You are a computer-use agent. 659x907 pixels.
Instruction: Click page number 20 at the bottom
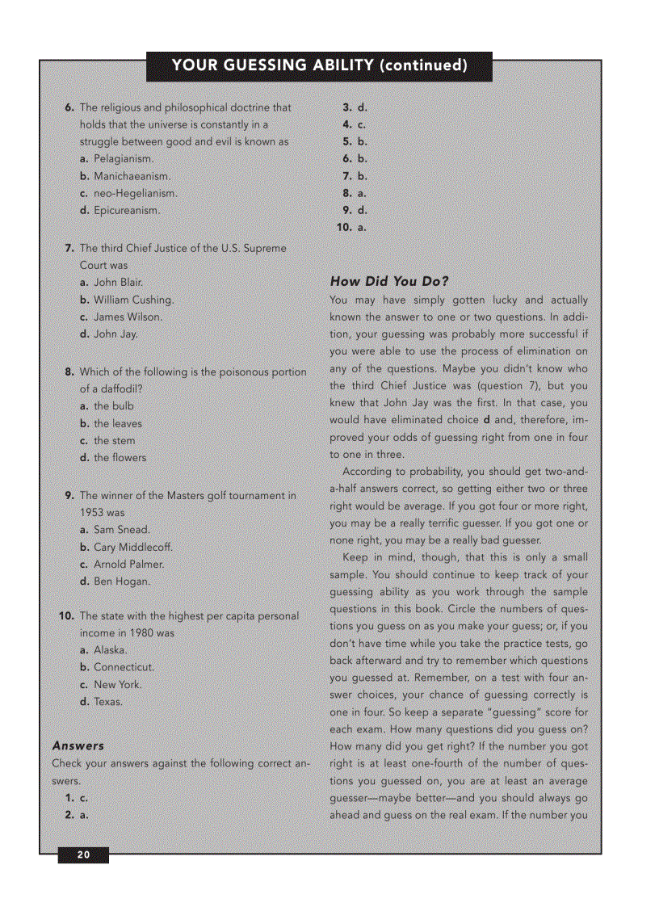(82, 855)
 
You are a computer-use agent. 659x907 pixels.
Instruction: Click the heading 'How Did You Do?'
(388, 282)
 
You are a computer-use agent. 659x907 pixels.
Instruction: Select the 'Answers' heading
(78, 745)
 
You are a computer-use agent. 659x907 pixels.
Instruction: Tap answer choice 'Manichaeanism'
(132, 176)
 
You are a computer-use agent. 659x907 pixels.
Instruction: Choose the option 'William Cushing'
(133, 300)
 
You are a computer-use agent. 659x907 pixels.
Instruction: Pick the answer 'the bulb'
(114, 406)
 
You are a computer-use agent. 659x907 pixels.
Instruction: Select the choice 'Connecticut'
(124, 667)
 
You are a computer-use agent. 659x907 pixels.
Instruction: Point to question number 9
(70, 496)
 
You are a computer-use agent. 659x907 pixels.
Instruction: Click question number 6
(70, 107)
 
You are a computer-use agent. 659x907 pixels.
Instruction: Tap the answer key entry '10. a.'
(351, 228)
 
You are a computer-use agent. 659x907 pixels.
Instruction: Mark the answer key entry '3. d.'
(355, 107)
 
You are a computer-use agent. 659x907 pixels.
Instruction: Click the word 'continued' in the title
(423, 65)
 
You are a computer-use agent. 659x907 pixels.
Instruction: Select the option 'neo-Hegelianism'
(135, 194)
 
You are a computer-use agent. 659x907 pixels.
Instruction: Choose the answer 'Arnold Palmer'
(128, 565)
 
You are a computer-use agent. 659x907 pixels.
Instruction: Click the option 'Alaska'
(111, 650)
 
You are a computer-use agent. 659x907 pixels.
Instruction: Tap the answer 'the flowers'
(120, 458)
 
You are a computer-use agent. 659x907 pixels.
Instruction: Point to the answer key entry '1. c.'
(77, 798)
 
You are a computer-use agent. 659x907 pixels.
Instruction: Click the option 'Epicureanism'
(127, 211)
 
